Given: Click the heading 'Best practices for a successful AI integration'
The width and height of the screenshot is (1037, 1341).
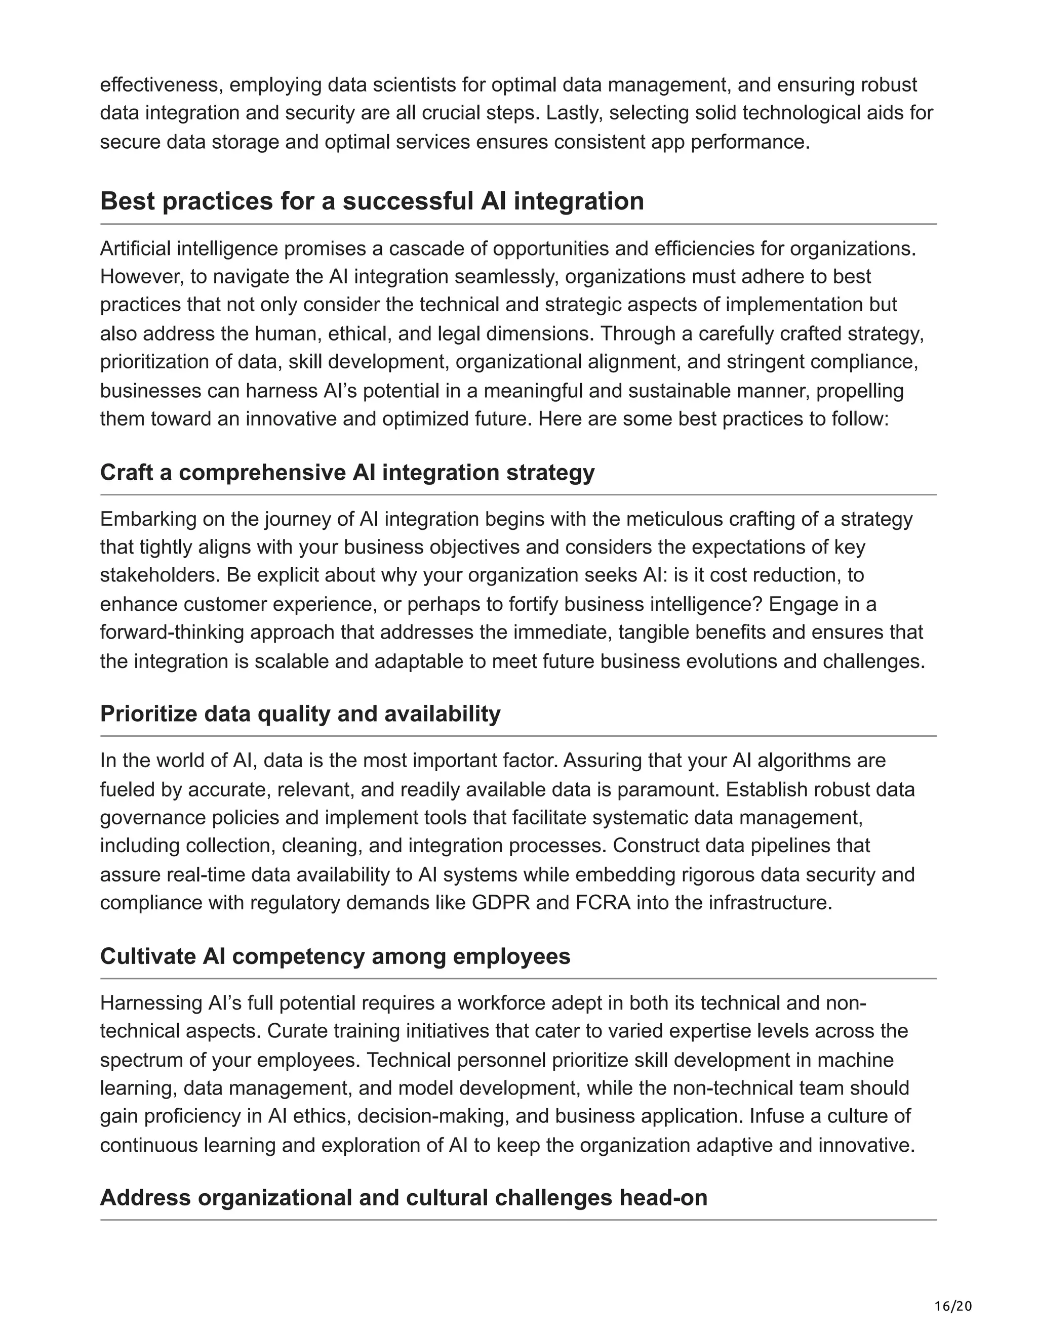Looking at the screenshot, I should coord(372,201).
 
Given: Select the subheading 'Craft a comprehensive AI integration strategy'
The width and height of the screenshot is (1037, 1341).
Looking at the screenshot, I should coord(347,473).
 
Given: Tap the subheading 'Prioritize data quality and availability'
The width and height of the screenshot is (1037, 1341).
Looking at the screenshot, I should coord(300,714).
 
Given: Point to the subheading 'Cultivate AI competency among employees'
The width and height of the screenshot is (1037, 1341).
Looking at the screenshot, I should coord(335,956).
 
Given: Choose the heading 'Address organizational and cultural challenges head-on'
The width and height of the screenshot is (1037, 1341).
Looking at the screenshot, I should coord(404,1197).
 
